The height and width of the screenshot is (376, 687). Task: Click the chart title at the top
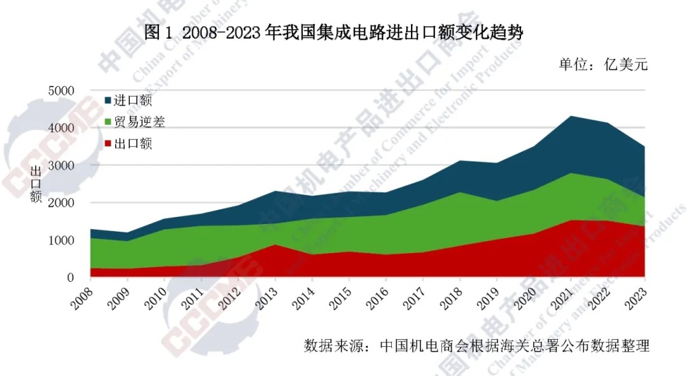333,32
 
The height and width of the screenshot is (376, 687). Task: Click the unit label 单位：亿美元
603,64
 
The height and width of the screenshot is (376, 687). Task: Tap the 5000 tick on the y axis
61,91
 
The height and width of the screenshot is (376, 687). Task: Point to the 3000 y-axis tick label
61,165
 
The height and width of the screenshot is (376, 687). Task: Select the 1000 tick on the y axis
61,240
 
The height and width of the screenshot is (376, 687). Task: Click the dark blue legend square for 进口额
108,101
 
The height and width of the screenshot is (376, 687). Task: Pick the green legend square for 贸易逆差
108,122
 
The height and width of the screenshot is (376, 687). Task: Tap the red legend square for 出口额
108,144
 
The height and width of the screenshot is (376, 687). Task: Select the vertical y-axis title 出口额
36,184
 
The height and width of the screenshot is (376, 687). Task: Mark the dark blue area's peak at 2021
571,117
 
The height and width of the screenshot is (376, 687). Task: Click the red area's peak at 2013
275,246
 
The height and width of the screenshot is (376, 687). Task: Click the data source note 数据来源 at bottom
476,347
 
